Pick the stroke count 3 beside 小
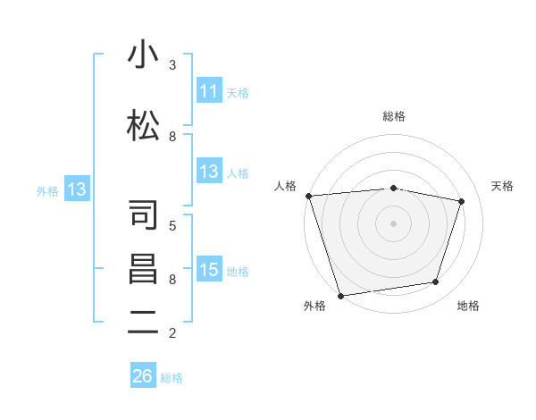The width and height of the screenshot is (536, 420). click(x=172, y=65)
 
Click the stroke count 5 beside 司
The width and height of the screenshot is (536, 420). click(x=172, y=225)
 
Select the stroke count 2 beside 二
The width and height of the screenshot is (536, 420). click(x=172, y=333)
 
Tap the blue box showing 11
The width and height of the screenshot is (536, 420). click(x=209, y=91)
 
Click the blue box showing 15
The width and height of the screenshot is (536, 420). click(x=209, y=270)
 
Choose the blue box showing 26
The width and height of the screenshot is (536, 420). click(x=143, y=376)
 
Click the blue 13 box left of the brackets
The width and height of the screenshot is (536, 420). click(x=77, y=189)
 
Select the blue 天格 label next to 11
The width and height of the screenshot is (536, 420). click(x=238, y=92)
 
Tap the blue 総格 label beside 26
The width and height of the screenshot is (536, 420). click(x=172, y=377)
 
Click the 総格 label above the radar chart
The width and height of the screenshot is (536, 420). click(x=394, y=116)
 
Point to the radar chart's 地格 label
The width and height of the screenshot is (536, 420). click(x=468, y=306)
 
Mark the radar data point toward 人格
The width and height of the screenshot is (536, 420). click(x=308, y=196)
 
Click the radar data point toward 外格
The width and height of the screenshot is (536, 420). click(x=340, y=295)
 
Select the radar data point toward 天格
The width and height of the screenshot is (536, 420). click(x=461, y=201)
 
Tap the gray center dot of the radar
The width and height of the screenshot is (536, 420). click(x=394, y=223)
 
